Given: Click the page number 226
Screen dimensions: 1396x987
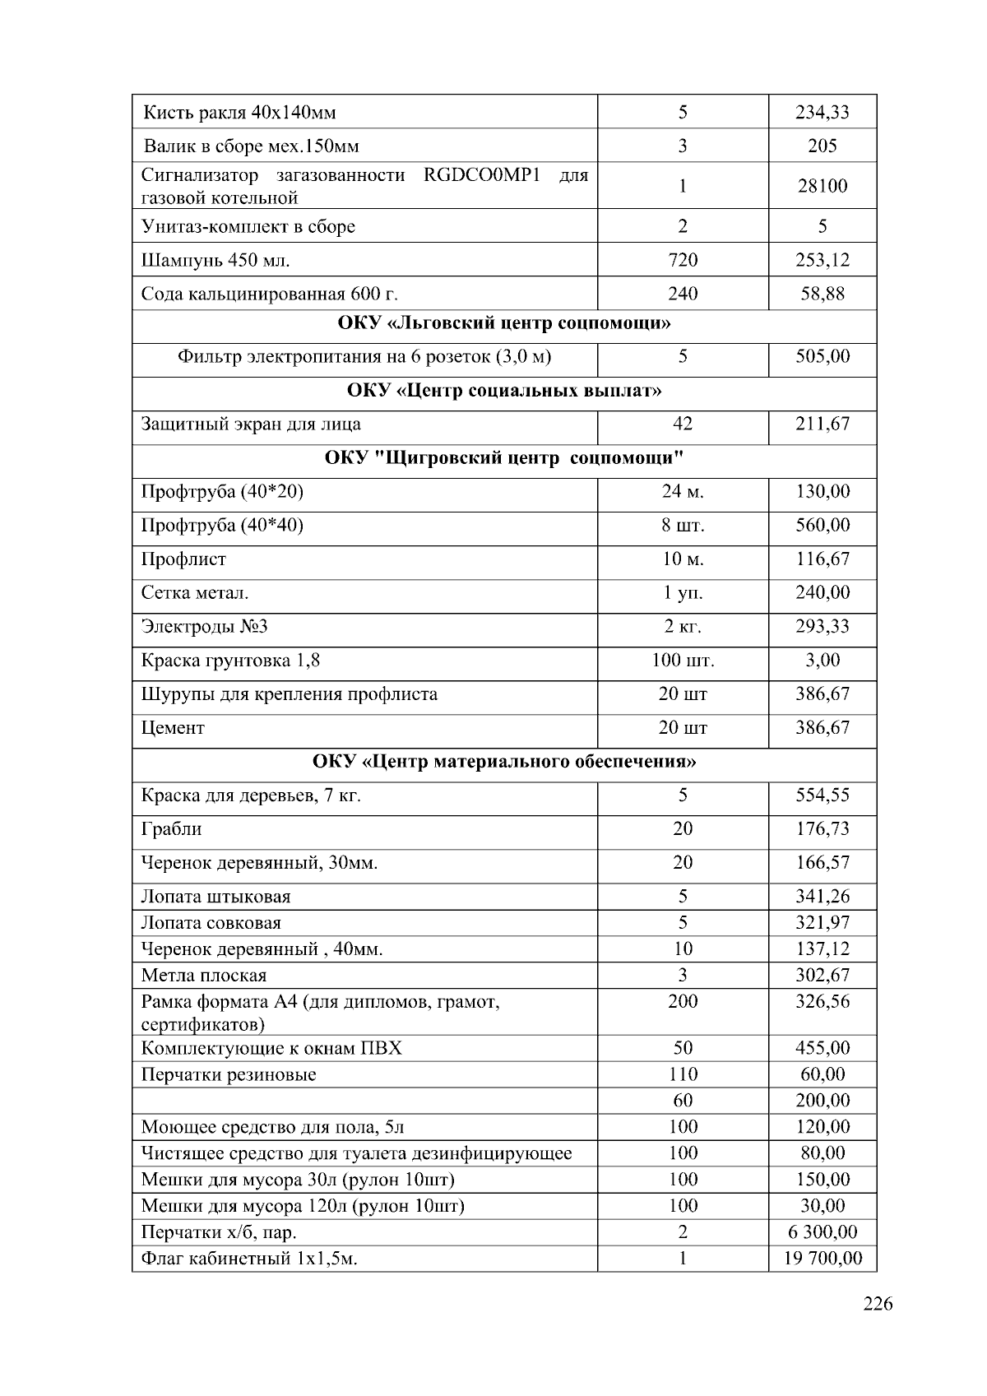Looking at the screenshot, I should point(878,1304).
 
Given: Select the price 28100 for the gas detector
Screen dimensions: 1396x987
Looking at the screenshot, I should point(822,186).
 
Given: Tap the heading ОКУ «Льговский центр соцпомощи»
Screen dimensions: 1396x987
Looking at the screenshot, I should point(504,323).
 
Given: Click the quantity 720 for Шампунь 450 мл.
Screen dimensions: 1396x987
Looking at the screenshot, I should point(683,261).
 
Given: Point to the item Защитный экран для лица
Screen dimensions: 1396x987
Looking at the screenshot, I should point(251,424).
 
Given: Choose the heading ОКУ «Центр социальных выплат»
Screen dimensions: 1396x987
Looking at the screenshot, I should point(504,391).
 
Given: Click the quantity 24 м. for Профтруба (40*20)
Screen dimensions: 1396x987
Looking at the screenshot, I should point(683,492).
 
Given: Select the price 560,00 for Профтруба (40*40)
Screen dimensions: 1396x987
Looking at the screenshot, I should point(822,526).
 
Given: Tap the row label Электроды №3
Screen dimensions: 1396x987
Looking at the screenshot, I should point(205,627).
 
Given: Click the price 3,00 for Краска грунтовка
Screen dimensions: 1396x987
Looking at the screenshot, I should point(822,661).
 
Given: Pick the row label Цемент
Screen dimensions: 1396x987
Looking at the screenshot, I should point(173,728).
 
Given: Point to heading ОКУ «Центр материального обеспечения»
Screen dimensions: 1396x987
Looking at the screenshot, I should point(504,762).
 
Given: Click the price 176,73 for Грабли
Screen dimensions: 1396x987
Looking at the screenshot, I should point(822,829).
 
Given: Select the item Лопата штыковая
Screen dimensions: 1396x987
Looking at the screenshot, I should point(215,897).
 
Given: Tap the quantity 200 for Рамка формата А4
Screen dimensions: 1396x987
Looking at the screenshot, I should point(683,1002).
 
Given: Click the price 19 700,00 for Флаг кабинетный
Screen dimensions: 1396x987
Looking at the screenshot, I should point(822,1259).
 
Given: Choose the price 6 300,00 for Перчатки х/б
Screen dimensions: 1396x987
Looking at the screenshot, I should point(822,1232).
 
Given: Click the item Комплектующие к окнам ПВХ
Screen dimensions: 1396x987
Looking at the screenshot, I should point(271,1048).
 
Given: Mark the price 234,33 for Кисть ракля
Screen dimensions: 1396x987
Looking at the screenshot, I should point(822,113).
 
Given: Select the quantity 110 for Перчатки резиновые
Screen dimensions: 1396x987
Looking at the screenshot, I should point(683,1074).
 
